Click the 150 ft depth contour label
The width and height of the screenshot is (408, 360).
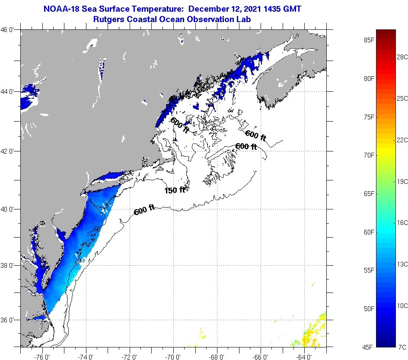[x=175, y=190]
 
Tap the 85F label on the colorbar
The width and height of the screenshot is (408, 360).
[x=369, y=40]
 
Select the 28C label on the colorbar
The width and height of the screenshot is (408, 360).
[x=402, y=57]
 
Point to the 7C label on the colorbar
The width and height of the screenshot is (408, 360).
[x=402, y=347]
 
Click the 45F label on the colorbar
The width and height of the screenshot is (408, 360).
[x=369, y=347]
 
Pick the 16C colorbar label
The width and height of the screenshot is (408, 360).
[x=402, y=222]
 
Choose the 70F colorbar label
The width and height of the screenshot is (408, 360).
[x=369, y=155]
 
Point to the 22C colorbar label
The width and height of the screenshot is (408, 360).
[x=402, y=140]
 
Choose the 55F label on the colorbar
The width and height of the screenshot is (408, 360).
[x=369, y=270]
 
